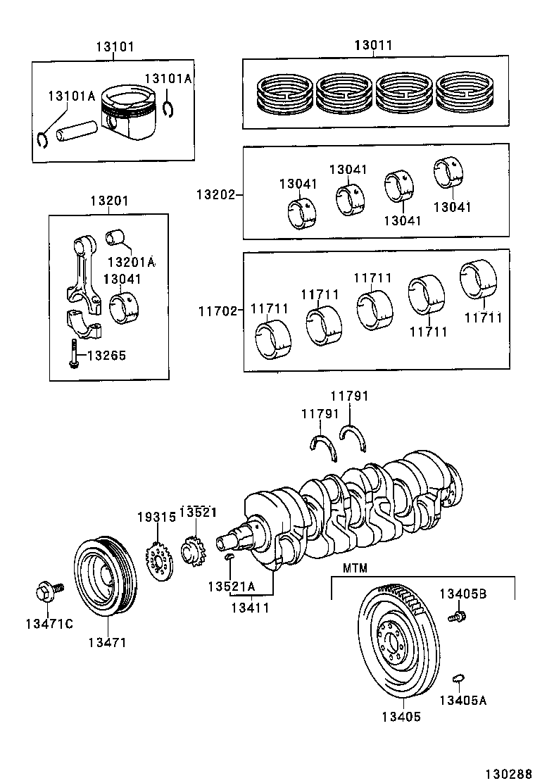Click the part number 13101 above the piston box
tap(115, 46)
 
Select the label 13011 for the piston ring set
tap(374, 46)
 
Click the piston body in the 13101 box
tap(129, 113)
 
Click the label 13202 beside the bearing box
tap(215, 194)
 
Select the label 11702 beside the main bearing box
tap(217, 312)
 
